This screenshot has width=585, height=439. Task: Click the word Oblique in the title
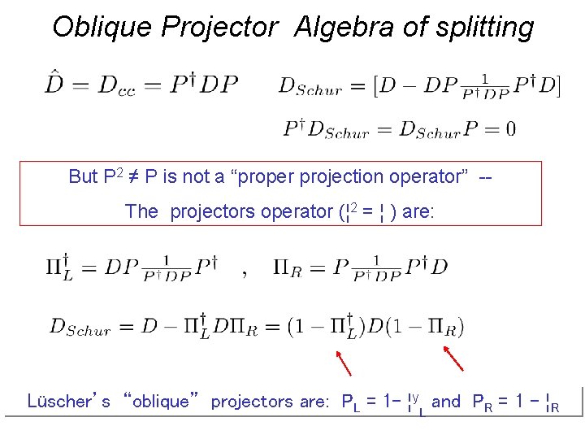[x=102, y=28]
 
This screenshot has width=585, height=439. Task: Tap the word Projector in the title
[x=219, y=28]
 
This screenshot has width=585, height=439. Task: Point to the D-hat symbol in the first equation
[x=55, y=84]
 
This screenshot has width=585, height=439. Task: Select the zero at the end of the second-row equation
[x=509, y=128]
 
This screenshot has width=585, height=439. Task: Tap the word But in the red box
[x=84, y=176]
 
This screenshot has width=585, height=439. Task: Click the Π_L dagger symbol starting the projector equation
[x=59, y=267]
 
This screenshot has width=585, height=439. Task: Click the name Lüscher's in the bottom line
[x=68, y=401]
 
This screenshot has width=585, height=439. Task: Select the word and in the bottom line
[x=446, y=401]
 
